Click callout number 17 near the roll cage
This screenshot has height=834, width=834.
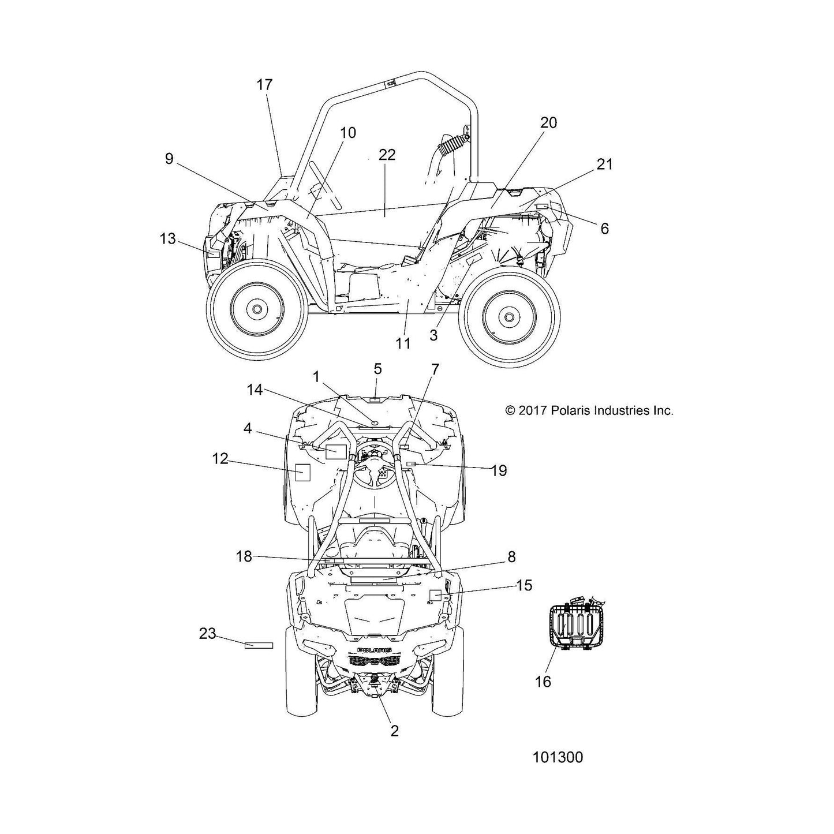point(264,84)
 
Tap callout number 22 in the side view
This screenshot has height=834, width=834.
point(387,155)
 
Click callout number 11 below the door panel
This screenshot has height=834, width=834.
point(403,343)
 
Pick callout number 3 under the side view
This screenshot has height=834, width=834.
point(433,335)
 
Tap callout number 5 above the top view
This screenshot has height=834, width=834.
point(377,369)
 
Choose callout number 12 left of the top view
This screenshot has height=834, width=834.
point(220,458)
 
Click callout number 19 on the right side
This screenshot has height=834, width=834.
point(499,470)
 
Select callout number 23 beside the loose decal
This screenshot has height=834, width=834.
point(207,634)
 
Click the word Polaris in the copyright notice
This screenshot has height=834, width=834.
point(570,410)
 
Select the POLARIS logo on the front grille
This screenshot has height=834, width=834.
point(375,662)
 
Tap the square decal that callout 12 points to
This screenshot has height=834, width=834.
point(302,472)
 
